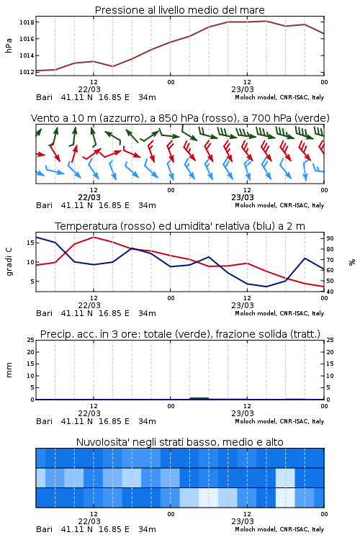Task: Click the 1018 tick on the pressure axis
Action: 27,22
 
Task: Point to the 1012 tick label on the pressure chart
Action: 27,72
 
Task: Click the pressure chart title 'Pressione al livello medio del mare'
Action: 180,10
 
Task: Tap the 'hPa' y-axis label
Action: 9,45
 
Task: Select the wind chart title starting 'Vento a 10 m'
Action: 180,118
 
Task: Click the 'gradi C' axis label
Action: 9,262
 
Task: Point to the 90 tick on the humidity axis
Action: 330,238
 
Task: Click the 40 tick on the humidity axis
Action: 330,292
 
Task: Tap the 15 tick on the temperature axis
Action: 30,243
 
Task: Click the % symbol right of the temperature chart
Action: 352,262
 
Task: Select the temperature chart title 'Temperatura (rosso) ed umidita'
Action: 180,226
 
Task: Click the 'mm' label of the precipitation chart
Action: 9,370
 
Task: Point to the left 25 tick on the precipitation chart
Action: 31,340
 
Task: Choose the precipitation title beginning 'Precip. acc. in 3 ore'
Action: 180,334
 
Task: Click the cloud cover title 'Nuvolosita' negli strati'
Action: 180,442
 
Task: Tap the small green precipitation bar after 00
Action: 199,398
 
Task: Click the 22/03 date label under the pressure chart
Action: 89,89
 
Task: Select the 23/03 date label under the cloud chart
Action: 243,521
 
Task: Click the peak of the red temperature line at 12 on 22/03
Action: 94,237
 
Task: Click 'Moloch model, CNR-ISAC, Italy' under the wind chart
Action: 279,205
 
